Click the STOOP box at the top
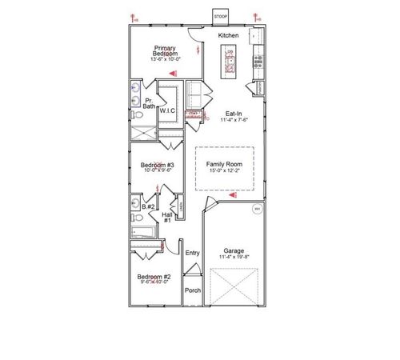pos(221,16)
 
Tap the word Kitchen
pos(228,36)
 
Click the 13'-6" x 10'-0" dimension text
pos(166,58)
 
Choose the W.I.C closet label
pos(167,111)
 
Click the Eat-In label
pos(234,113)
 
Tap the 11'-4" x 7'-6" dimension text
pos(234,120)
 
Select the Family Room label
pos(224,163)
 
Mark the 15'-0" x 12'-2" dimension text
pos(224,170)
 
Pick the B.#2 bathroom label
pos(147,206)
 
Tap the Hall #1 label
pos(168,218)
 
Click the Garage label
pos(234,250)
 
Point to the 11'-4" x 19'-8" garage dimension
pos(234,258)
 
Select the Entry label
pos(192,254)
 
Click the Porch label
pos(192,290)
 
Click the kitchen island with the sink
pos(230,61)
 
